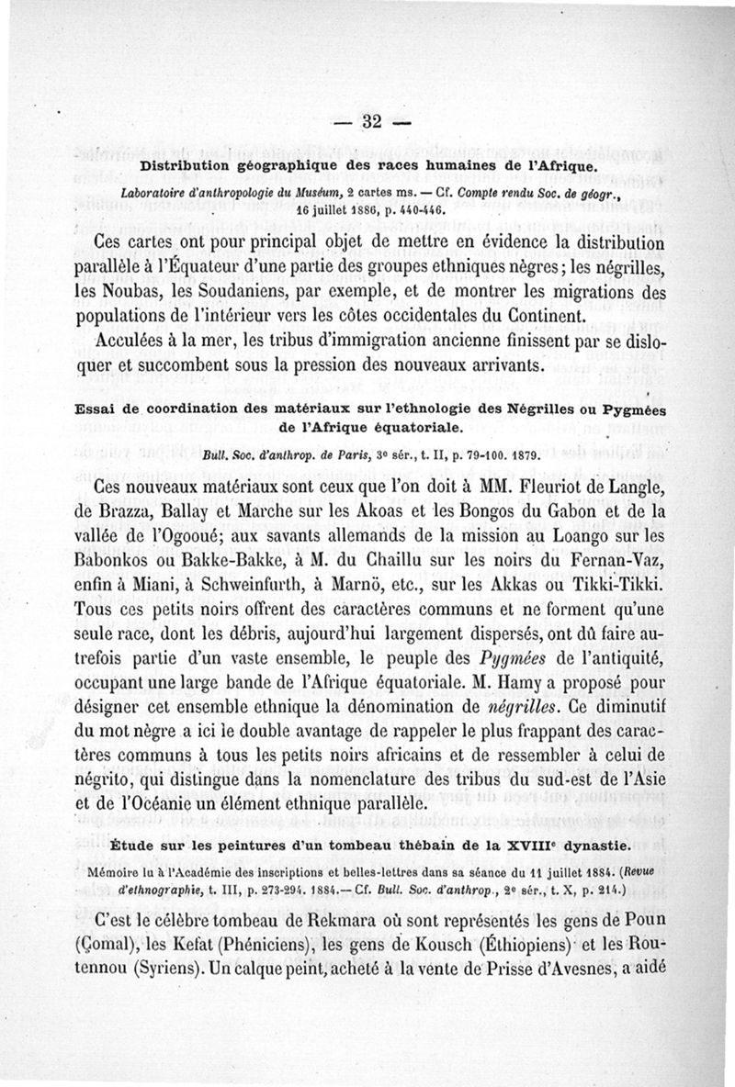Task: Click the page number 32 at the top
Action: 372,122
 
